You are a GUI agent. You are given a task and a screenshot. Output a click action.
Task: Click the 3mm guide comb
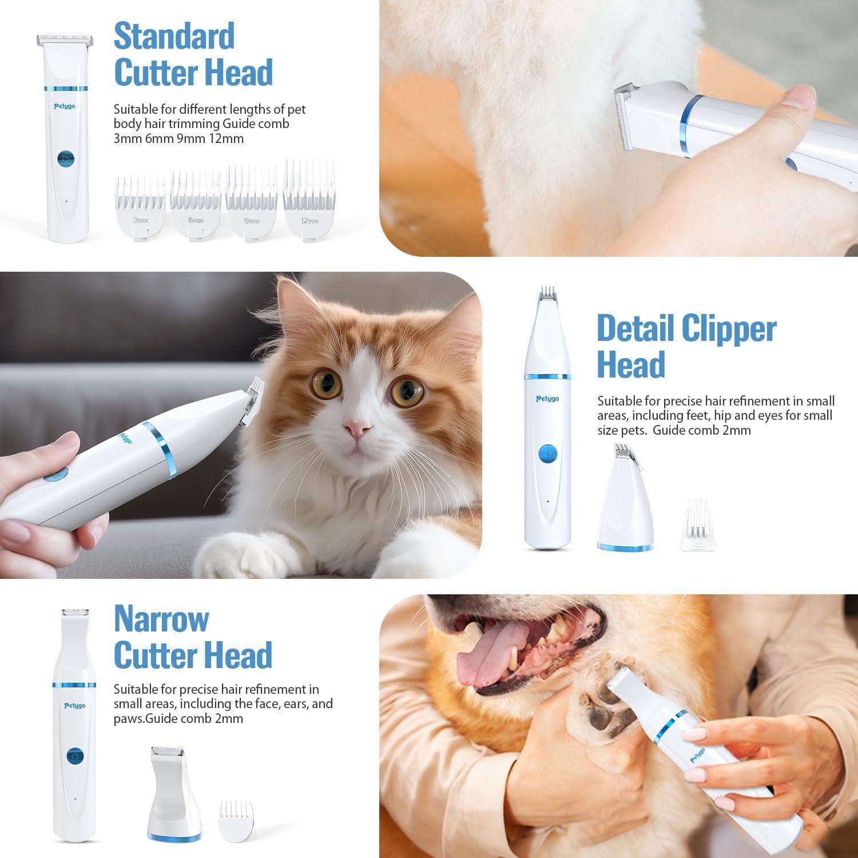[140, 209]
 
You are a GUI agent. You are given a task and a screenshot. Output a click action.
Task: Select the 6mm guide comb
[196, 206]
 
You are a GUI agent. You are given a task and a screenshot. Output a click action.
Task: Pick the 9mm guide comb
[252, 204]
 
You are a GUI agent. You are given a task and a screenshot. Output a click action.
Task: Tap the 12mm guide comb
[309, 200]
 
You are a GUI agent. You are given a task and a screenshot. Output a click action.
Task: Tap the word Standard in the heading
[174, 36]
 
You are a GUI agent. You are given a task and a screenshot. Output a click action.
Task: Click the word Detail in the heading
[635, 328]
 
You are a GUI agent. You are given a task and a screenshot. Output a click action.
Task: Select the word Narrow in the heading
[161, 618]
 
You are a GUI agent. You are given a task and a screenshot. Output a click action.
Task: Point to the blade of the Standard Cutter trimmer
[65, 41]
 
